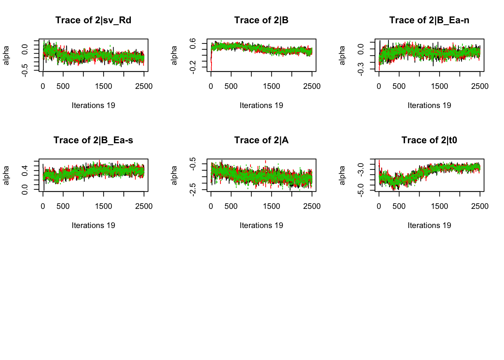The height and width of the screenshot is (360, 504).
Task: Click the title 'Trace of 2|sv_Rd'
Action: click(x=93, y=20)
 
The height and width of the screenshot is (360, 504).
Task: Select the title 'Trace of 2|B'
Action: click(x=261, y=20)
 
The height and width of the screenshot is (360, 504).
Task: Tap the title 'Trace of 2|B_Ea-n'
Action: click(x=429, y=20)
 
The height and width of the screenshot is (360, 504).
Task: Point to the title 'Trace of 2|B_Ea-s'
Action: click(x=93, y=140)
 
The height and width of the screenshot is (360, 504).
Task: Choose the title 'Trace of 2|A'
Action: click(x=261, y=140)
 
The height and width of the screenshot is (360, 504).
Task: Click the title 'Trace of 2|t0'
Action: click(x=429, y=140)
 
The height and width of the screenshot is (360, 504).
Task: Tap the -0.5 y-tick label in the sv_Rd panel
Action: click(x=25, y=70)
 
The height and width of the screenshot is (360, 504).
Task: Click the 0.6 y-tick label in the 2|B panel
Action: click(x=193, y=43)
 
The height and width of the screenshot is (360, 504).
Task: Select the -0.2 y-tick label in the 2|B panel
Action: click(x=193, y=67)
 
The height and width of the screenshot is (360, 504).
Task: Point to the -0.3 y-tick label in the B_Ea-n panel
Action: click(x=361, y=69)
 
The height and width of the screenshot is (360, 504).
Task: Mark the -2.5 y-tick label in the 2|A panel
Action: click(x=193, y=190)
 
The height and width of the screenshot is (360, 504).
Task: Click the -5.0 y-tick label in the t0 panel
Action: click(x=361, y=190)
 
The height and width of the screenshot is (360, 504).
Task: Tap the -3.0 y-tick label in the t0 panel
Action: click(x=361, y=169)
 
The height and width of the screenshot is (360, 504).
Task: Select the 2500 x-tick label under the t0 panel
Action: click(x=480, y=206)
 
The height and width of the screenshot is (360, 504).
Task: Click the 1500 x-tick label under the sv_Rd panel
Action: click(x=103, y=86)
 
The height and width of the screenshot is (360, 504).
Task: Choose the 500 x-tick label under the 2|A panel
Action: click(x=231, y=206)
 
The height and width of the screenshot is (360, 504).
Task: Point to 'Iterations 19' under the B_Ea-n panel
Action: click(x=429, y=105)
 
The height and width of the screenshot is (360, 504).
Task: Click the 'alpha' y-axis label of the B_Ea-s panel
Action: click(x=6, y=175)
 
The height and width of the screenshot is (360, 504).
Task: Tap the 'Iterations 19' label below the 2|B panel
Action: click(x=261, y=105)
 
